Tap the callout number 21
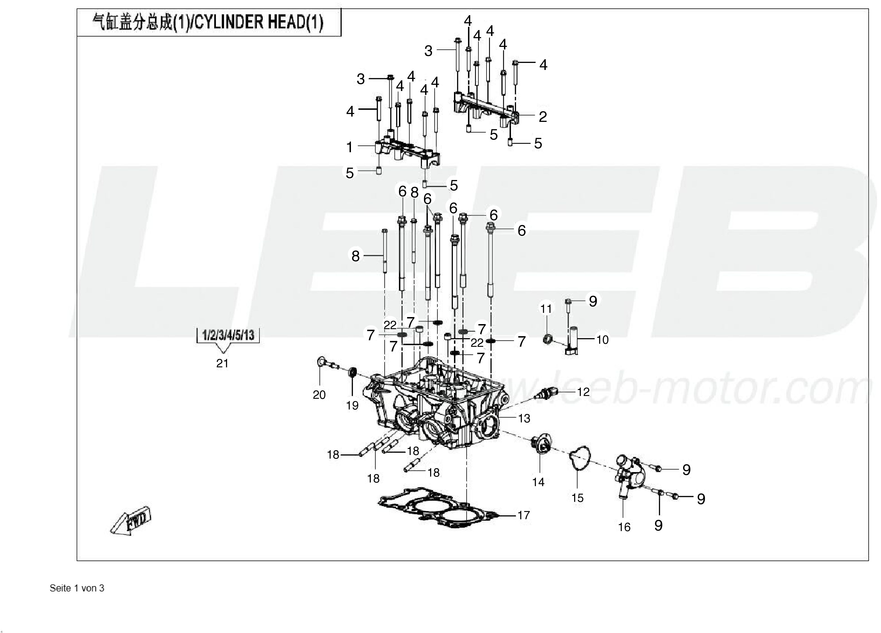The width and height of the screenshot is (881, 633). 222,363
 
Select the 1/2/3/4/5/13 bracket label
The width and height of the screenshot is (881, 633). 228,335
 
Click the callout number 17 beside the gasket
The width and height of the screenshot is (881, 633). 524,515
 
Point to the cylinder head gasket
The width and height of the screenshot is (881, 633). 439,508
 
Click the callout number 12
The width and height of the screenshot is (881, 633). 583,392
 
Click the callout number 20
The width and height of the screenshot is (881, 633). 319,395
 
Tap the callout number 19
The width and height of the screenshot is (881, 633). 352,406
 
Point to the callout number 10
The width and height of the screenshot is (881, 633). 602,340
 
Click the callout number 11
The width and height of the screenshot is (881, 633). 546,309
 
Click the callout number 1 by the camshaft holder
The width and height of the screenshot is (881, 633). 350,148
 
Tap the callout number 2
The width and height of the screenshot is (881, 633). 543,117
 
